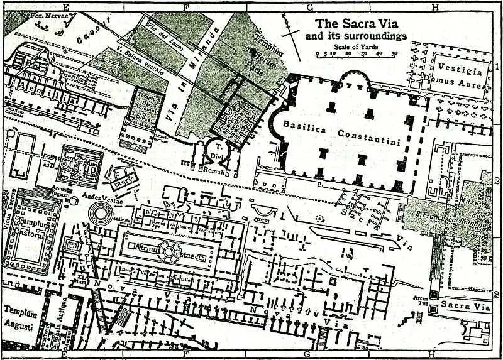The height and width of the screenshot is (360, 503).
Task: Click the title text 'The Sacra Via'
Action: [x=353, y=25]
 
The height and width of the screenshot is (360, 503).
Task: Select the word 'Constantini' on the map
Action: [x=369, y=135]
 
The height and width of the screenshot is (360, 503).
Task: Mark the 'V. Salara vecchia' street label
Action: [x=140, y=59]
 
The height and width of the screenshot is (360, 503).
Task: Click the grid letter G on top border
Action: [x=309, y=7]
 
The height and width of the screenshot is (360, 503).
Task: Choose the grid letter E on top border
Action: [x=65, y=7]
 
